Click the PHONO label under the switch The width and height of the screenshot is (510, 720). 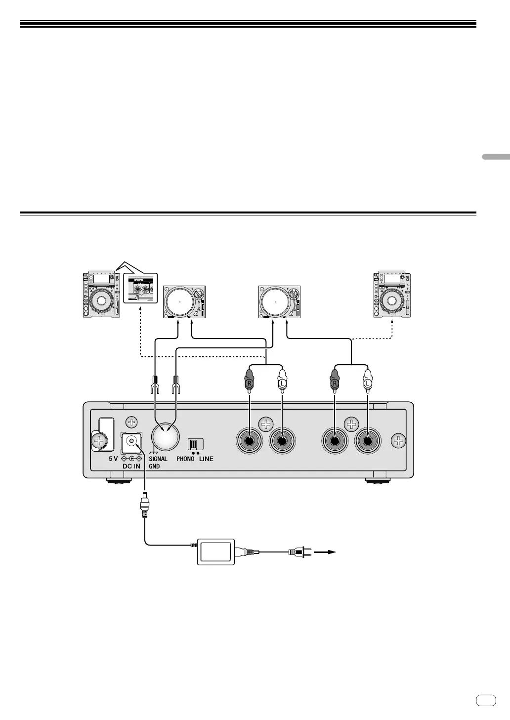click(x=185, y=459)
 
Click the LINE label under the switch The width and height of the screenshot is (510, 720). click(x=206, y=459)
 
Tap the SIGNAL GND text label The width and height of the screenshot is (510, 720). click(x=158, y=462)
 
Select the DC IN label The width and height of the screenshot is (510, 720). click(x=131, y=466)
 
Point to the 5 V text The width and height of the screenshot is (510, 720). click(x=113, y=458)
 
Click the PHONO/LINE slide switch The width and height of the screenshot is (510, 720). click(x=195, y=444)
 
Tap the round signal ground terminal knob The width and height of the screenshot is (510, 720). click(x=165, y=437)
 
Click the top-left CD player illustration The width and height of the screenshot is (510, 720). click(x=101, y=294)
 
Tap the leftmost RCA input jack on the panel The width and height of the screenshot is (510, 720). click(x=250, y=441)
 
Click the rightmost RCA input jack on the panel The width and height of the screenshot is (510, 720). click(x=368, y=441)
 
